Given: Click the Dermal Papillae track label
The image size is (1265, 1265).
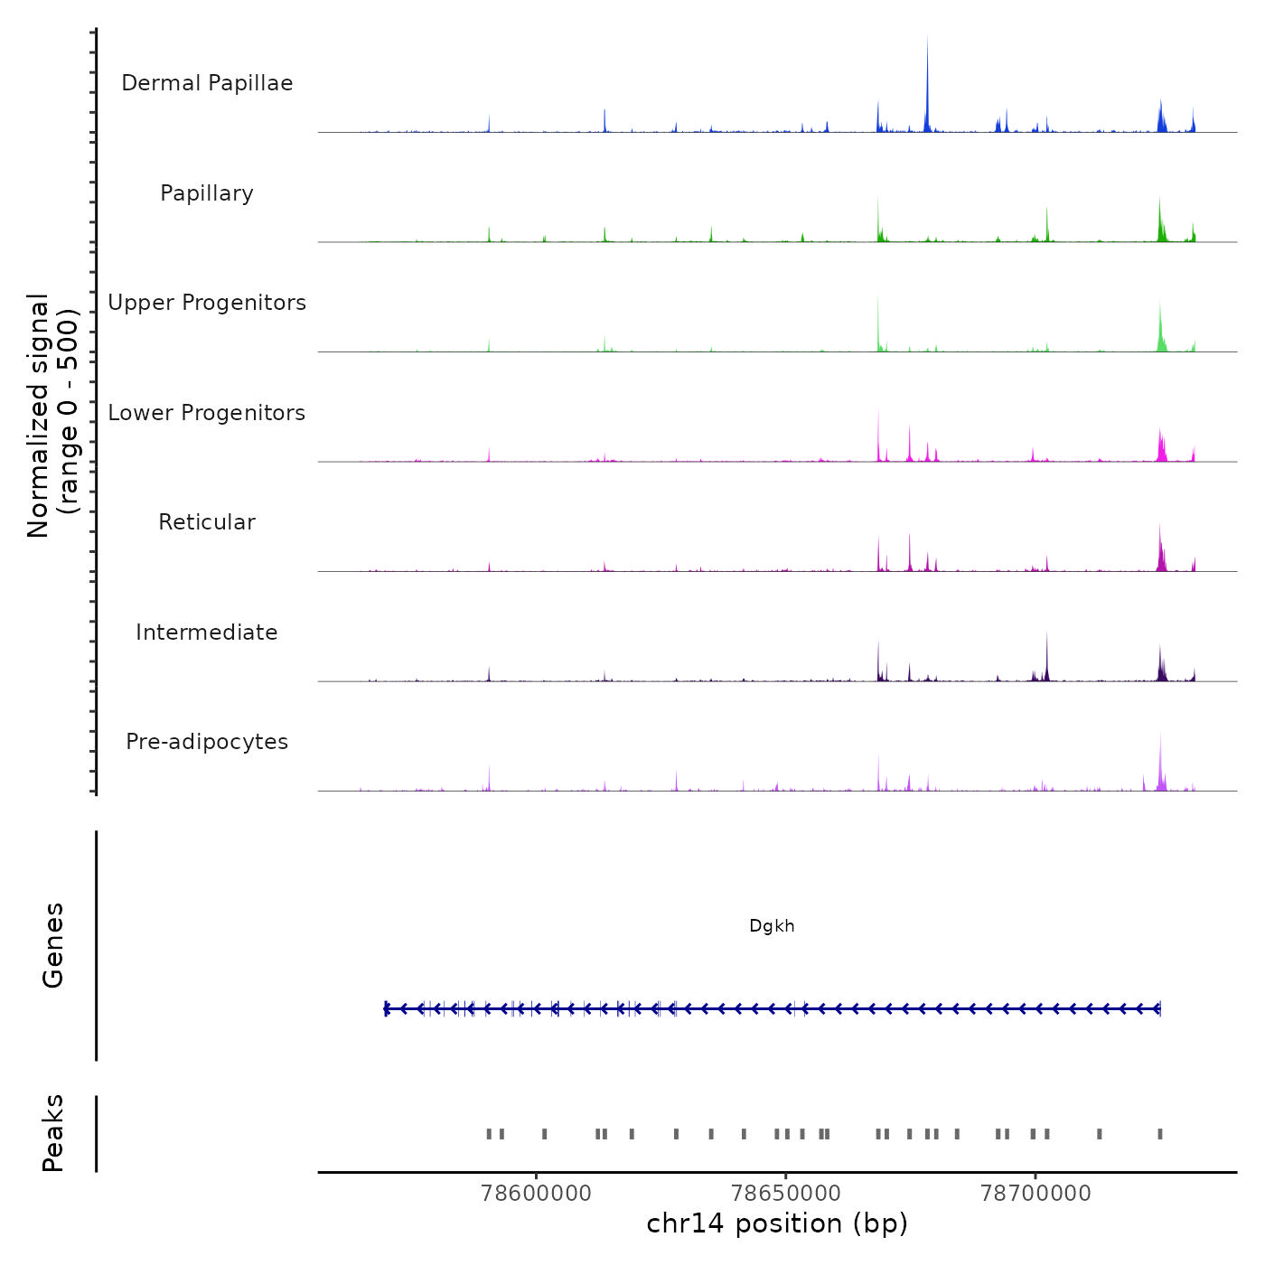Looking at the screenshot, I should pyautogui.click(x=207, y=83).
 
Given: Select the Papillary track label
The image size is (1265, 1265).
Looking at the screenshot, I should pyautogui.click(x=207, y=193).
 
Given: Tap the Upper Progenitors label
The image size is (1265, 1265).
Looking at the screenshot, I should pyautogui.click(x=207, y=303).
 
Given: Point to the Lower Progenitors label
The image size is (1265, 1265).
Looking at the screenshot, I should pyautogui.click(x=207, y=413).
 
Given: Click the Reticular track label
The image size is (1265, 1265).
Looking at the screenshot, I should pyautogui.click(x=207, y=522).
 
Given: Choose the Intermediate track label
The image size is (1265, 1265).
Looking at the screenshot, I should pyautogui.click(x=207, y=632).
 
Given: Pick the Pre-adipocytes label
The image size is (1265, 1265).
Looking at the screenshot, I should pyautogui.click(x=207, y=742).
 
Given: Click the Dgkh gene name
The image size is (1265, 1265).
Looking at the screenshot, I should pyautogui.click(x=772, y=926).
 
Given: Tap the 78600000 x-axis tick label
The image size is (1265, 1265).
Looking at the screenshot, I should pyautogui.click(x=537, y=1194).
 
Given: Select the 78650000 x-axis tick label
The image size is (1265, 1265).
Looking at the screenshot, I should pyautogui.click(x=786, y=1194).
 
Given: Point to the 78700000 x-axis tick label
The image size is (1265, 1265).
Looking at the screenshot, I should pyautogui.click(x=1035, y=1194).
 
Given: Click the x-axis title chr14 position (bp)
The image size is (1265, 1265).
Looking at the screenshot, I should pyautogui.click(x=777, y=1223).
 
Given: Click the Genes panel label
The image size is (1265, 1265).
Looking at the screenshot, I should pyautogui.click(x=53, y=945).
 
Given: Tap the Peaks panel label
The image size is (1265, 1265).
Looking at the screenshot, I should pyautogui.click(x=53, y=1133).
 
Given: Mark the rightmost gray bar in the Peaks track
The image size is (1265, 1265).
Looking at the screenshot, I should pyautogui.click(x=1160, y=1134).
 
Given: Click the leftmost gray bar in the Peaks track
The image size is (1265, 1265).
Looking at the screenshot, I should pyautogui.click(x=489, y=1134).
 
